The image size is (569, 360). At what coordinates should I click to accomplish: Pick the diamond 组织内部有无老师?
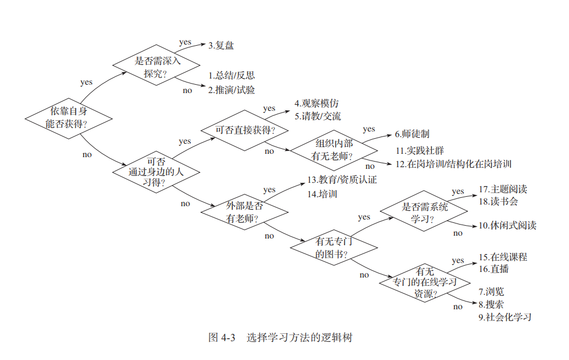pyautogui.click(x=334, y=149)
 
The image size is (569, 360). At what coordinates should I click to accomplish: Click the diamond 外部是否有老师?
pyautogui.click(x=245, y=212)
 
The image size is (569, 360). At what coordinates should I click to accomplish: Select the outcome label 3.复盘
pyautogui.click(x=221, y=46)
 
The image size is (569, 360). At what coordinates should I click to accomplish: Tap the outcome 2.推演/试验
pyautogui.click(x=232, y=89)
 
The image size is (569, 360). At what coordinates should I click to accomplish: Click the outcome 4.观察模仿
pyautogui.click(x=317, y=104)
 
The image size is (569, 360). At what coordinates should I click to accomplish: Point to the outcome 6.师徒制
pyautogui.click(x=412, y=134)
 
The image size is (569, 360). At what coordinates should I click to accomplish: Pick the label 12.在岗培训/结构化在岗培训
pyautogui.click(x=454, y=164)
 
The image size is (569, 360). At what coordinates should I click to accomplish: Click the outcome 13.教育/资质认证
pyautogui.click(x=342, y=180)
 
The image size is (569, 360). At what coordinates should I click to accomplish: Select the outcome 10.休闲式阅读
pyautogui.click(x=507, y=226)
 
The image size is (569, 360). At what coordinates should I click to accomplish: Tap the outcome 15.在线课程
pyautogui.click(x=503, y=257)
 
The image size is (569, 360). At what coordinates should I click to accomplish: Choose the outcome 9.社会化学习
pyautogui.click(x=505, y=317)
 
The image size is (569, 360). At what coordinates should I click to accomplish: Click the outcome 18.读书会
pyautogui.click(x=498, y=201)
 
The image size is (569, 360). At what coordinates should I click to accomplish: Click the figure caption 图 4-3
pyautogui.click(x=222, y=338)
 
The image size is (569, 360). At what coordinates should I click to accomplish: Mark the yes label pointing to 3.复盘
pyautogui.click(x=185, y=42)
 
